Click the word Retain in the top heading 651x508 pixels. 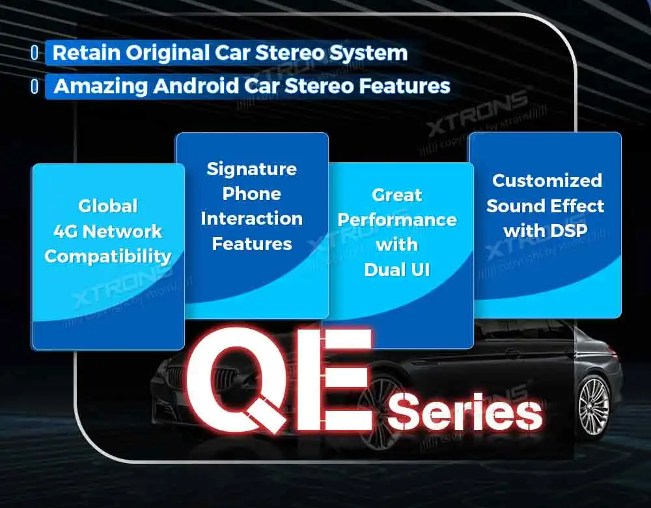pos(86,53)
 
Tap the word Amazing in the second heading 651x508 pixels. pos(100,87)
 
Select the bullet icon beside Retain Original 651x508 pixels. pos(35,53)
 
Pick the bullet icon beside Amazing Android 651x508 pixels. pos(35,86)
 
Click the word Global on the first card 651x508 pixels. pos(108,206)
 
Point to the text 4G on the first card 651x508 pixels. pos(66,231)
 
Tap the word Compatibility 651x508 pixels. pos(108,257)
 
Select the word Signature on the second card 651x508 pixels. pos(251,169)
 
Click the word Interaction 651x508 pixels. pos(251,219)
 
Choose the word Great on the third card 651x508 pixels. pos(397,195)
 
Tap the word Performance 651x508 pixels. pos(397,219)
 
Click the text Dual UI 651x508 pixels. pos(397,270)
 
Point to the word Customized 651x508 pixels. pos(547,180)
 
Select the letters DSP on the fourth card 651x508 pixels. pos(567,231)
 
